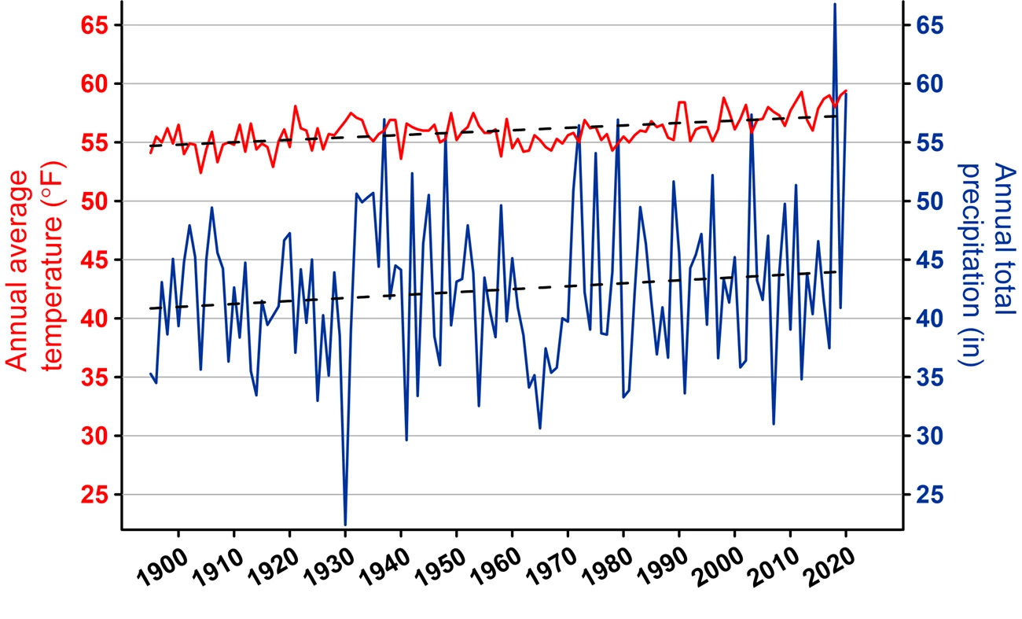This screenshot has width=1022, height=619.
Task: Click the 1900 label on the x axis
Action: point(161,568)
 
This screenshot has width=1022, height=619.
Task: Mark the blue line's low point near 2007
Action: point(774,424)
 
